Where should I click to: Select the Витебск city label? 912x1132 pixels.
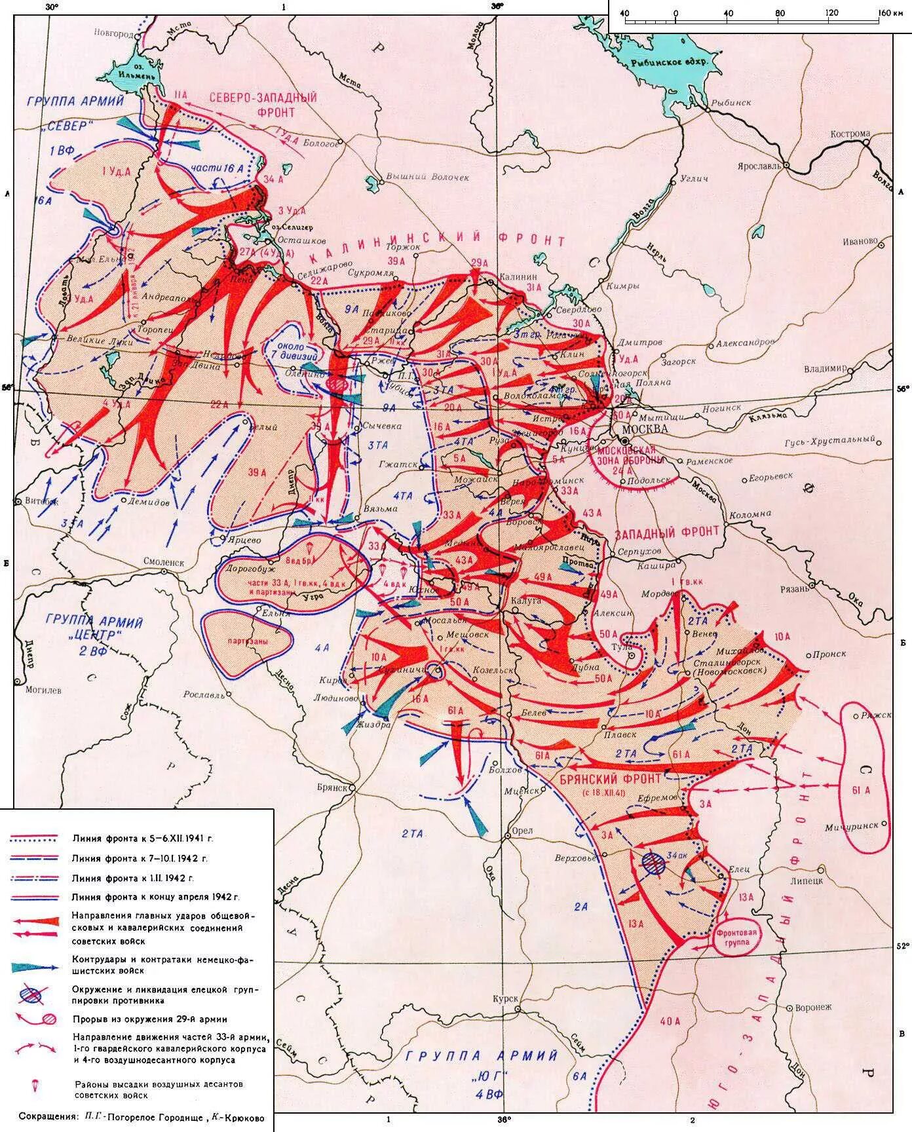coord(41,502)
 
